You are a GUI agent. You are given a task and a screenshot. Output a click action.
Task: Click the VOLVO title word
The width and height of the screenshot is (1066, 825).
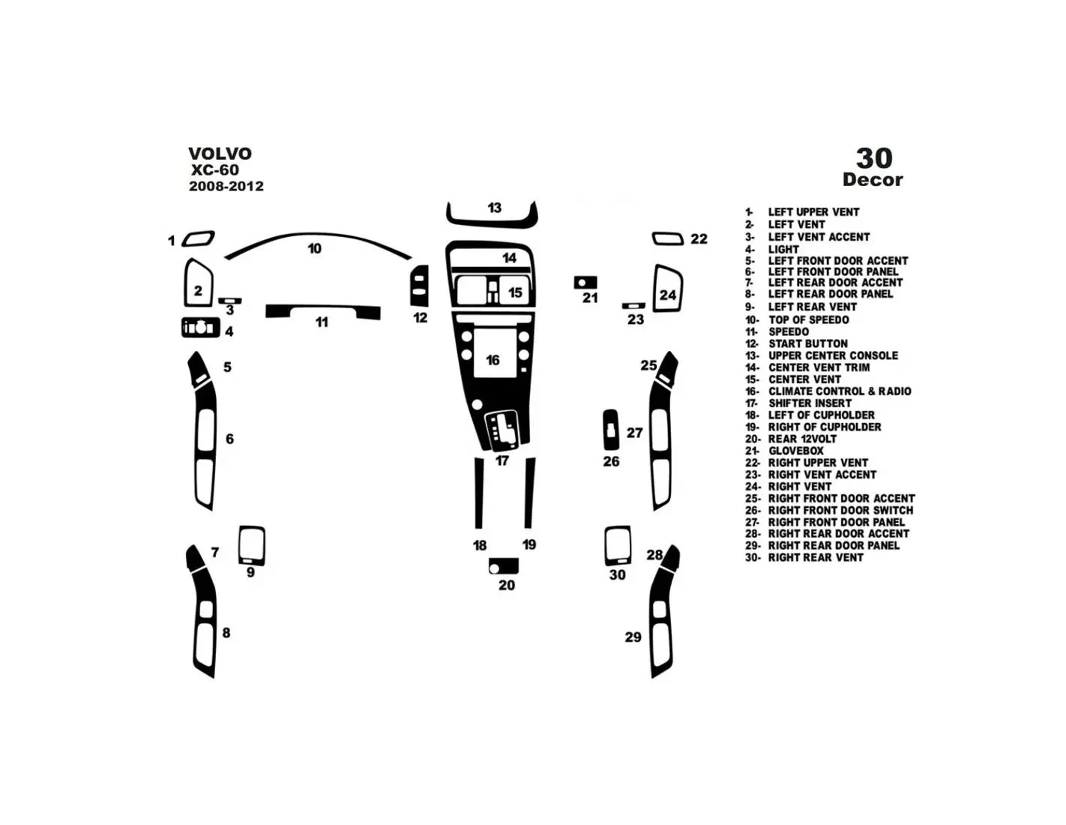click(x=220, y=154)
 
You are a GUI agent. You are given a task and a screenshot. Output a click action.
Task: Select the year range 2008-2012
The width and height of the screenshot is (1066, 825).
click(x=226, y=186)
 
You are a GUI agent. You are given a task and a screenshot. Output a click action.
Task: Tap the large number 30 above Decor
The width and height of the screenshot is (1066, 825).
click(x=874, y=158)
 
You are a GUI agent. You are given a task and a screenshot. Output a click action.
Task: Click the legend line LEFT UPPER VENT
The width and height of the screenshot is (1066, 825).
click(x=802, y=212)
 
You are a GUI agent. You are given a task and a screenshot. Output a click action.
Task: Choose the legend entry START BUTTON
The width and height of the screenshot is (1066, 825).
click(x=797, y=343)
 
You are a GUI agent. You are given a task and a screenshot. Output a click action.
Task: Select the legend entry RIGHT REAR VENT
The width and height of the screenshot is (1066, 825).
click(x=804, y=557)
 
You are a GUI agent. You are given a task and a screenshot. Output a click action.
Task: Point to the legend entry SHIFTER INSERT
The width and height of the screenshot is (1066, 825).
click(x=798, y=403)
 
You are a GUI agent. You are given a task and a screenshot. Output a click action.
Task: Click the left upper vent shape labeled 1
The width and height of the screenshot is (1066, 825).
click(x=198, y=238)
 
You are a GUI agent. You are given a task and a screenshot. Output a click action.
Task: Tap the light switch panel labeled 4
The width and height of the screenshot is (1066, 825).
click(x=201, y=327)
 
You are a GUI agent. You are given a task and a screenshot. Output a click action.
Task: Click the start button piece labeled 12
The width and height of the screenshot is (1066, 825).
click(x=420, y=286)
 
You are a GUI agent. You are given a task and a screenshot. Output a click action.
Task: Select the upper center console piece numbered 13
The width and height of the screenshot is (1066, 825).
click(x=492, y=223)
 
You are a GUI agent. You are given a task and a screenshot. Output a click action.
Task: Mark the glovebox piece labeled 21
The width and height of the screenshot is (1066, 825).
click(x=585, y=282)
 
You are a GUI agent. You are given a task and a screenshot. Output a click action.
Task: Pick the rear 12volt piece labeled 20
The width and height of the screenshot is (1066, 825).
click(x=503, y=565)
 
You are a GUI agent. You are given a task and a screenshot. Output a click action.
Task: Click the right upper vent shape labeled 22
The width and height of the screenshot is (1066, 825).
click(x=668, y=238)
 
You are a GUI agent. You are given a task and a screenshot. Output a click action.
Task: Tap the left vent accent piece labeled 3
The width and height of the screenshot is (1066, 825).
click(x=229, y=301)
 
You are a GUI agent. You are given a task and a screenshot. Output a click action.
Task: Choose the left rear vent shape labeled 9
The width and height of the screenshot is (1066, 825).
click(x=252, y=546)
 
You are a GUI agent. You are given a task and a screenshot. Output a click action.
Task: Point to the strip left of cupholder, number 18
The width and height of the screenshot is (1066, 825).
click(x=479, y=493)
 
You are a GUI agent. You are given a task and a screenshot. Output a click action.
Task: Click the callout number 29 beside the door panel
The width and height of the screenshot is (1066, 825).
click(x=633, y=637)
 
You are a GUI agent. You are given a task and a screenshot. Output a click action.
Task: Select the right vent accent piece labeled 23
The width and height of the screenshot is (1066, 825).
click(x=633, y=306)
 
